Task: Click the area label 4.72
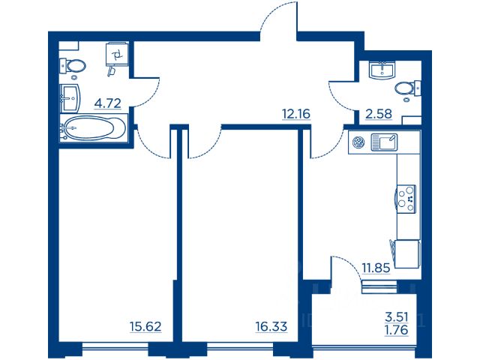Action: click(x=108, y=103)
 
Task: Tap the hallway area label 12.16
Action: click(x=296, y=114)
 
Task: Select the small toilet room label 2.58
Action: click(x=379, y=114)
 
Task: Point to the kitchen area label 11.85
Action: click(x=376, y=268)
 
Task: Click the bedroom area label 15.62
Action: click(x=145, y=327)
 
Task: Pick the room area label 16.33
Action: click(x=271, y=327)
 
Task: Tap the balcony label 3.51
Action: click(x=397, y=316)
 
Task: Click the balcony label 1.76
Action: click(x=397, y=330)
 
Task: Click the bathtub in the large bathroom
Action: click(x=93, y=128)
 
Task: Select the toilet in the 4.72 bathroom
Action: click(x=72, y=66)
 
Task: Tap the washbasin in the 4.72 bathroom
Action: click(x=70, y=98)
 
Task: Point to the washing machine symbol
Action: click(x=117, y=55)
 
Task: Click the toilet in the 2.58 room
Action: click(x=408, y=88)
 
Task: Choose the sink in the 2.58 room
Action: click(x=382, y=70)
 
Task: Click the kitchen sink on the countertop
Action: click(x=384, y=142)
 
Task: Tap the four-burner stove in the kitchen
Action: click(x=406, y=199)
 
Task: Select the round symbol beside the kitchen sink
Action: click(x=358, y=142)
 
